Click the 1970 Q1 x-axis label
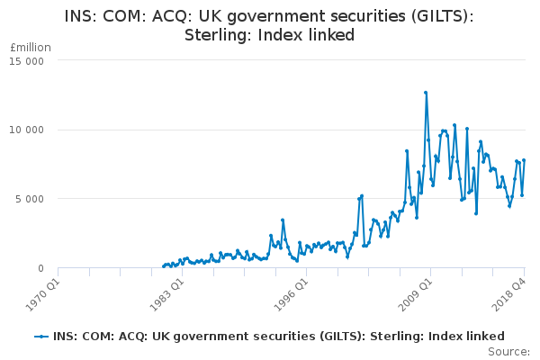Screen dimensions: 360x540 [44, 292]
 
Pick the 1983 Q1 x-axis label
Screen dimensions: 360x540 [167, 292]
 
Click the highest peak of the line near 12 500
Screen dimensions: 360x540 [426, 93]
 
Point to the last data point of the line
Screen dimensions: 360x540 [524, 160]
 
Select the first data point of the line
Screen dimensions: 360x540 [163, 266]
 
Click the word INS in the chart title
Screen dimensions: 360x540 [80, 16]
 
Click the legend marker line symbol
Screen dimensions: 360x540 [40, 336]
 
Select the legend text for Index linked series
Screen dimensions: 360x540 [278, 336]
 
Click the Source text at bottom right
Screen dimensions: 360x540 [509, 351]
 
